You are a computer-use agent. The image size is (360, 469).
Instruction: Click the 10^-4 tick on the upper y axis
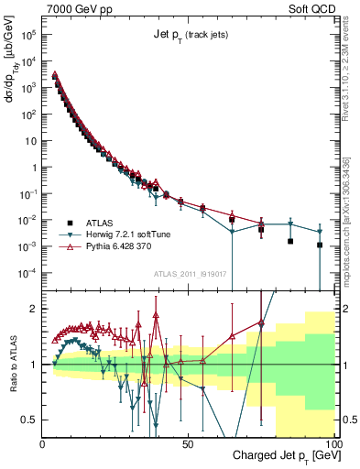pos(29,273)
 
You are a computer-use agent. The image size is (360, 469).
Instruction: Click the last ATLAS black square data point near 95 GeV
pos(320,245)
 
